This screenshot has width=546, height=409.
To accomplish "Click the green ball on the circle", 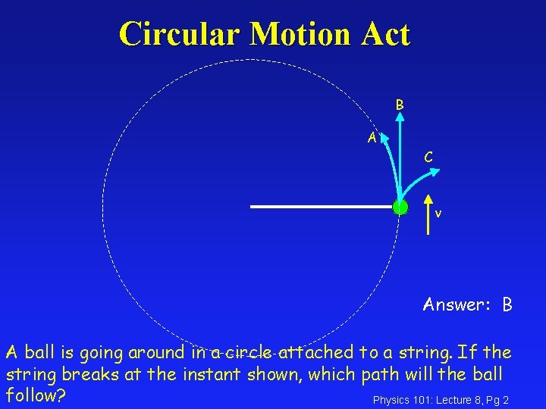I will coord(400,206).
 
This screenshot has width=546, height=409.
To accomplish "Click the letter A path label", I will coord(372,138).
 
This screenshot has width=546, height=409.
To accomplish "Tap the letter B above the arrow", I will coord(399,105).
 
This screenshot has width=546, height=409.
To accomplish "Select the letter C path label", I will coord(428,158).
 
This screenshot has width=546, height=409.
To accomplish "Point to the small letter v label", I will coord(438,214).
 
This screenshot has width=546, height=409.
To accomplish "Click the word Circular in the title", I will coord(179,35).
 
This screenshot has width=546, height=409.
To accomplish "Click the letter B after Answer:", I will coord(507,305).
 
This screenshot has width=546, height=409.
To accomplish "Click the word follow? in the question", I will coord(36,395).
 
